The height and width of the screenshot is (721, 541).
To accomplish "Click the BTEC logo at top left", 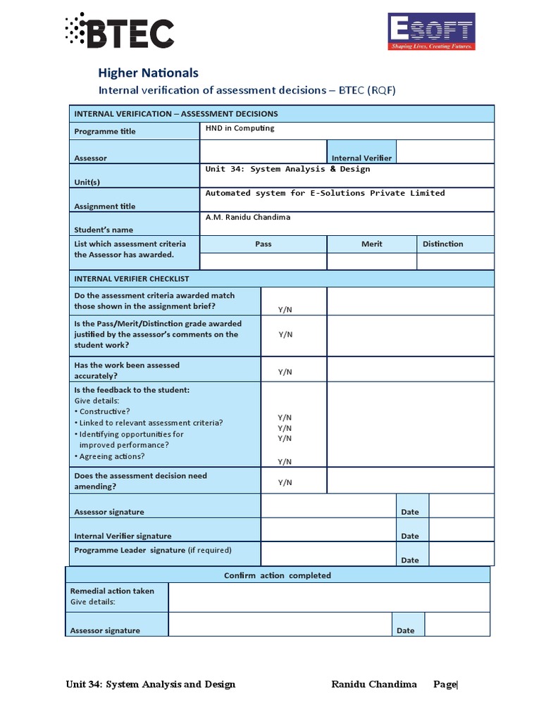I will tap(119, 31).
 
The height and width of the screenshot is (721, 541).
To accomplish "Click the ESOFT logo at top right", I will tap(432, 32).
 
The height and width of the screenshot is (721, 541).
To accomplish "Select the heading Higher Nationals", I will tap(147, 73).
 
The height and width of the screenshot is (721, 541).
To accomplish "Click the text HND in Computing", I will tap(240, 128).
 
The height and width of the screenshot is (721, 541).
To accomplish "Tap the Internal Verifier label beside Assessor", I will tap(361, 158).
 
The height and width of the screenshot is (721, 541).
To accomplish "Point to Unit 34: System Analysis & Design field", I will tap(287, 169).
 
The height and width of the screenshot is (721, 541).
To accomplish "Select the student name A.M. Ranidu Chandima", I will tap(247, 217).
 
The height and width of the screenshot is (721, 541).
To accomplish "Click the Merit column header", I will tap(371, 244).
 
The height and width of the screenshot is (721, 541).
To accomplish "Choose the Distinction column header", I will tap(442, 244).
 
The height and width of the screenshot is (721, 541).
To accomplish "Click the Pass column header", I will tap(263, 244).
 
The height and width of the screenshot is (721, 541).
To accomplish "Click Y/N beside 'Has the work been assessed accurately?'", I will tap(285, 372).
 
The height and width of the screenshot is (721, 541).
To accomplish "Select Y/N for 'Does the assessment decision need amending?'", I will tap(285, 482).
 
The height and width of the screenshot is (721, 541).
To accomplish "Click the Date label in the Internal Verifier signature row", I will tap(409, 536).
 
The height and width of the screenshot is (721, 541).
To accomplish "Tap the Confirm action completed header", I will tap(277, 575).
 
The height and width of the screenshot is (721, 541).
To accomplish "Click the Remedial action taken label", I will tap(112, 591).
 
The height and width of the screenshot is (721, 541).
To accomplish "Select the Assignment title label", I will tap(104, 206).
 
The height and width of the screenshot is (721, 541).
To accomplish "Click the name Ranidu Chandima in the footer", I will tap(373, 684).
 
